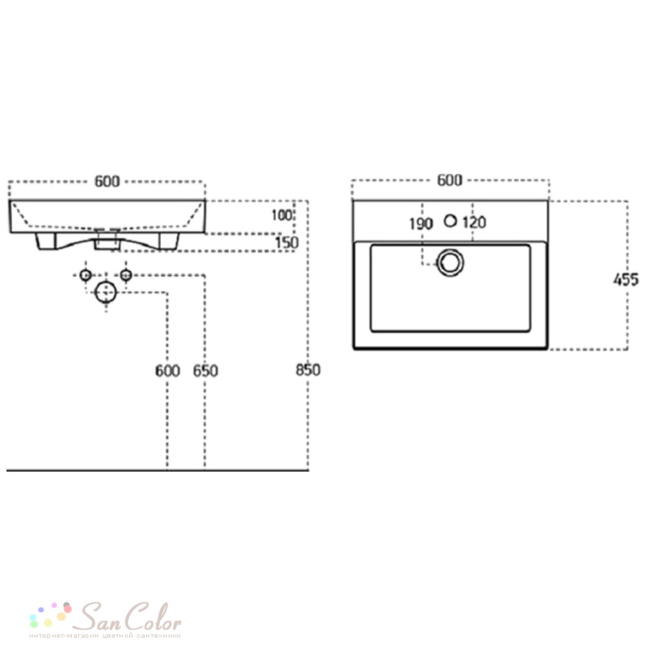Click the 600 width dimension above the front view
[x=107, y=182]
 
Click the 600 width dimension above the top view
[x=450, y=180]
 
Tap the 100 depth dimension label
[x=282, y=215]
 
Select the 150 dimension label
[x=287, y=243]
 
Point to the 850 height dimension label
[x=308, y=370]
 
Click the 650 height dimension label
[x=205, y=371]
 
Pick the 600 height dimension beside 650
[x=168, y=371]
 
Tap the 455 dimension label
[x=626, y=280]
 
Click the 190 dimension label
[x=421, y=224]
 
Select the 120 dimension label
[x=474, y=222]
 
